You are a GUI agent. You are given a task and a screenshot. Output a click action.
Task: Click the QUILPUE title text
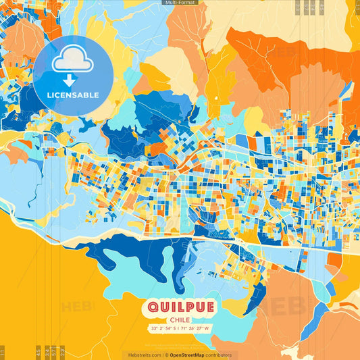[x=180, y=308]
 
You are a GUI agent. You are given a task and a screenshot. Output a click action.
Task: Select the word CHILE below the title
[x=180, y=320]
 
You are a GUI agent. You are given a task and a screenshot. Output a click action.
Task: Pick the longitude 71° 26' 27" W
[x=197, y=329]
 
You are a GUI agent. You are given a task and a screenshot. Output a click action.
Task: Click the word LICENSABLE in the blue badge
[x=73, y=94]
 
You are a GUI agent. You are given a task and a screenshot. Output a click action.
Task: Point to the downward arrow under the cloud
[x=73, y=80]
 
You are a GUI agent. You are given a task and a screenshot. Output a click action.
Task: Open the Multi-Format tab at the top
[x=180, y=3]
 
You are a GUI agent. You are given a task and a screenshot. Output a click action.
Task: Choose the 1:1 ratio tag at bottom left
[x=3, y=352]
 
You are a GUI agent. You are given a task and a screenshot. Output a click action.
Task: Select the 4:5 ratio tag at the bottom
[x=38, y=352]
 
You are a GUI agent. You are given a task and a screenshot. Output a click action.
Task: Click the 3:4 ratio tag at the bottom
[x=47, y=352]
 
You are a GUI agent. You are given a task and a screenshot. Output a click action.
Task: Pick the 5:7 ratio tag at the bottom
[x=55, y=352]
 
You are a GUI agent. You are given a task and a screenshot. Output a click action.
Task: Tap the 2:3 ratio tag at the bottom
[x=63, y=352]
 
